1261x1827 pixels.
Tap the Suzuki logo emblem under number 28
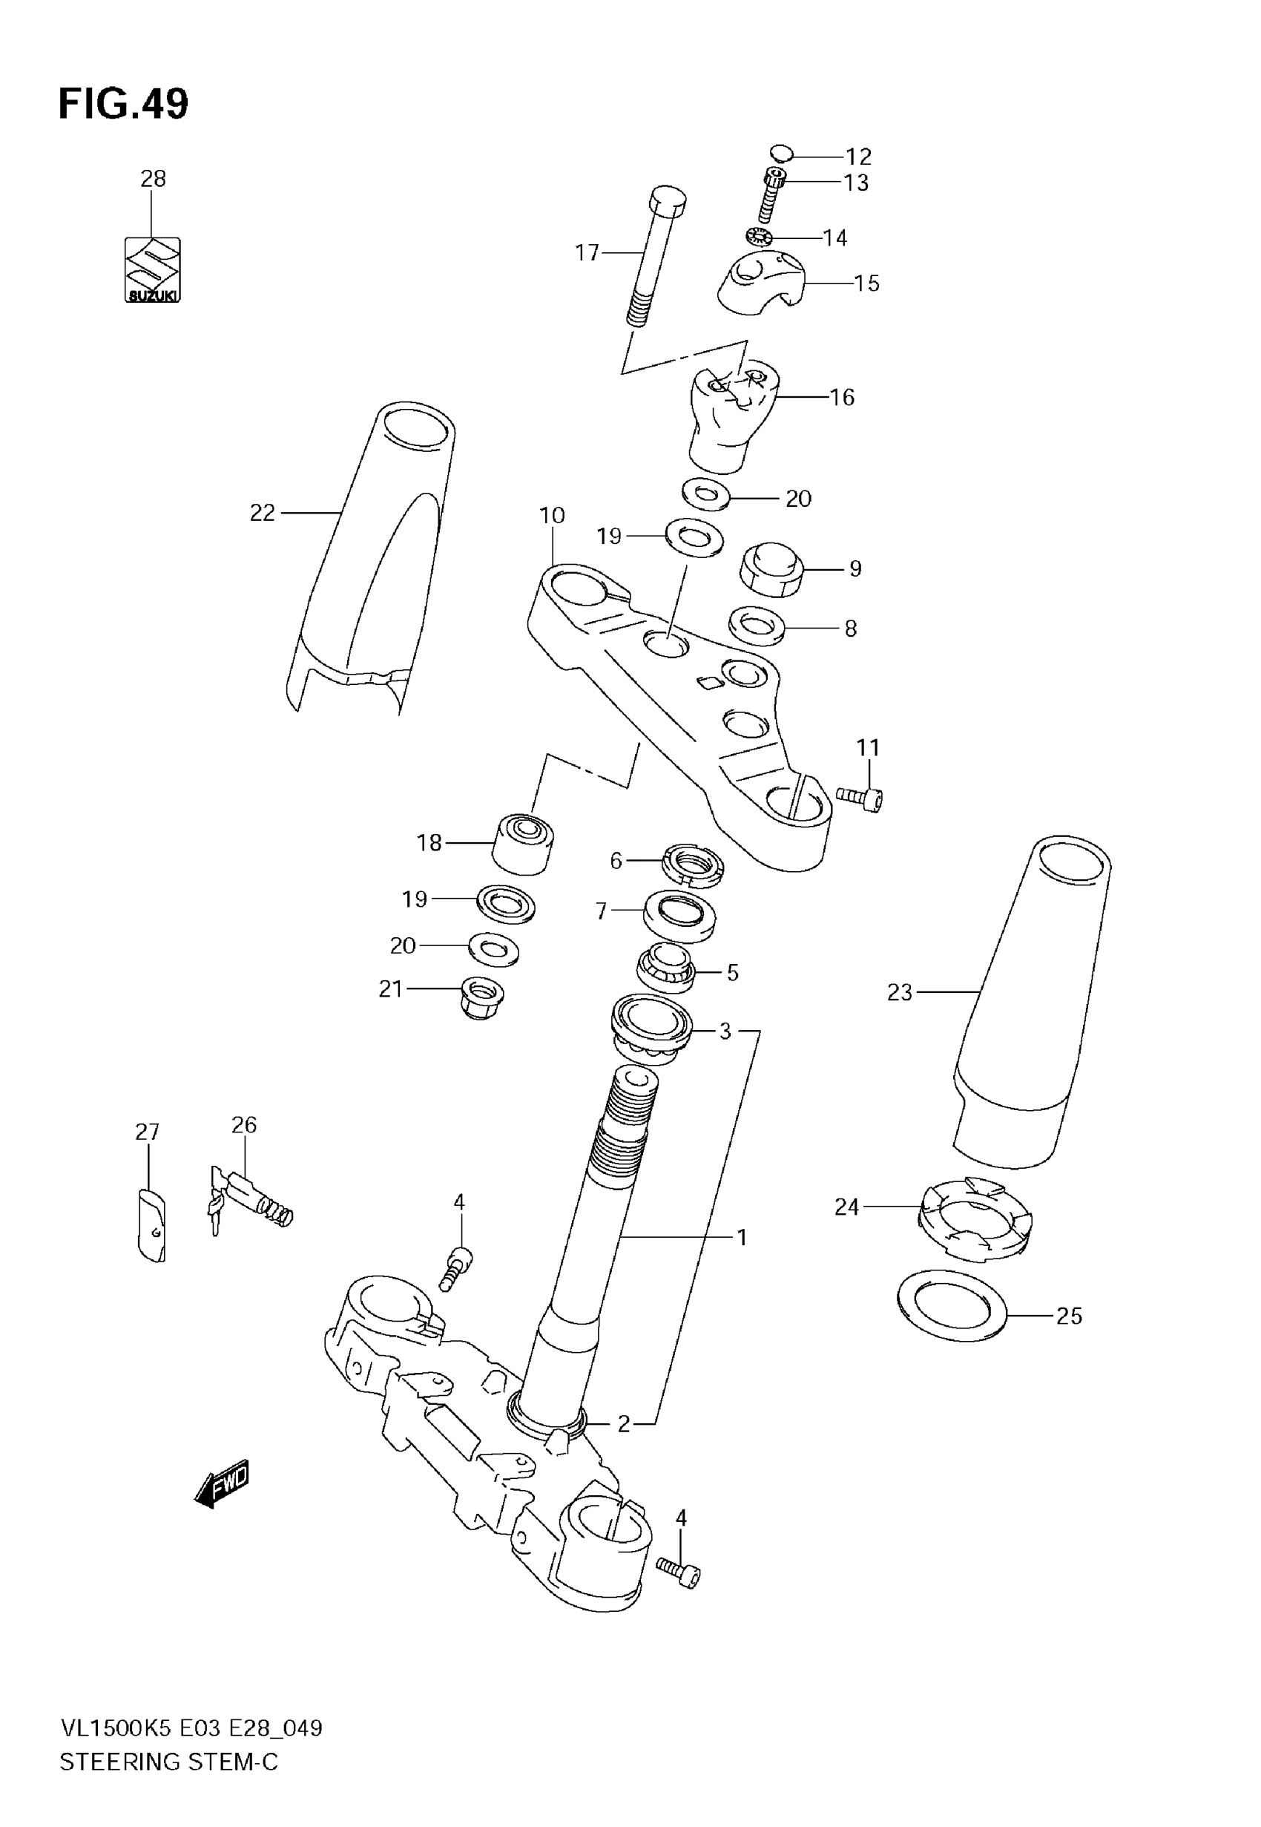coord(153,270)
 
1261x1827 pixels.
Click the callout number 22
coord(263,513)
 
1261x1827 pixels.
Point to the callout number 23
coord(899,992)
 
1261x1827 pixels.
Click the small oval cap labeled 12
coord(780,151)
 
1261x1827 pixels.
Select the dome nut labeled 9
coord(771,568)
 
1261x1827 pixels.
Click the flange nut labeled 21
coord(481,998)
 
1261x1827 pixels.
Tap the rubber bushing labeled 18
coord(523,843)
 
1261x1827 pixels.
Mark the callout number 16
coord(842,397)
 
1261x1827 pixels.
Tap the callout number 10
coord(553,515)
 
